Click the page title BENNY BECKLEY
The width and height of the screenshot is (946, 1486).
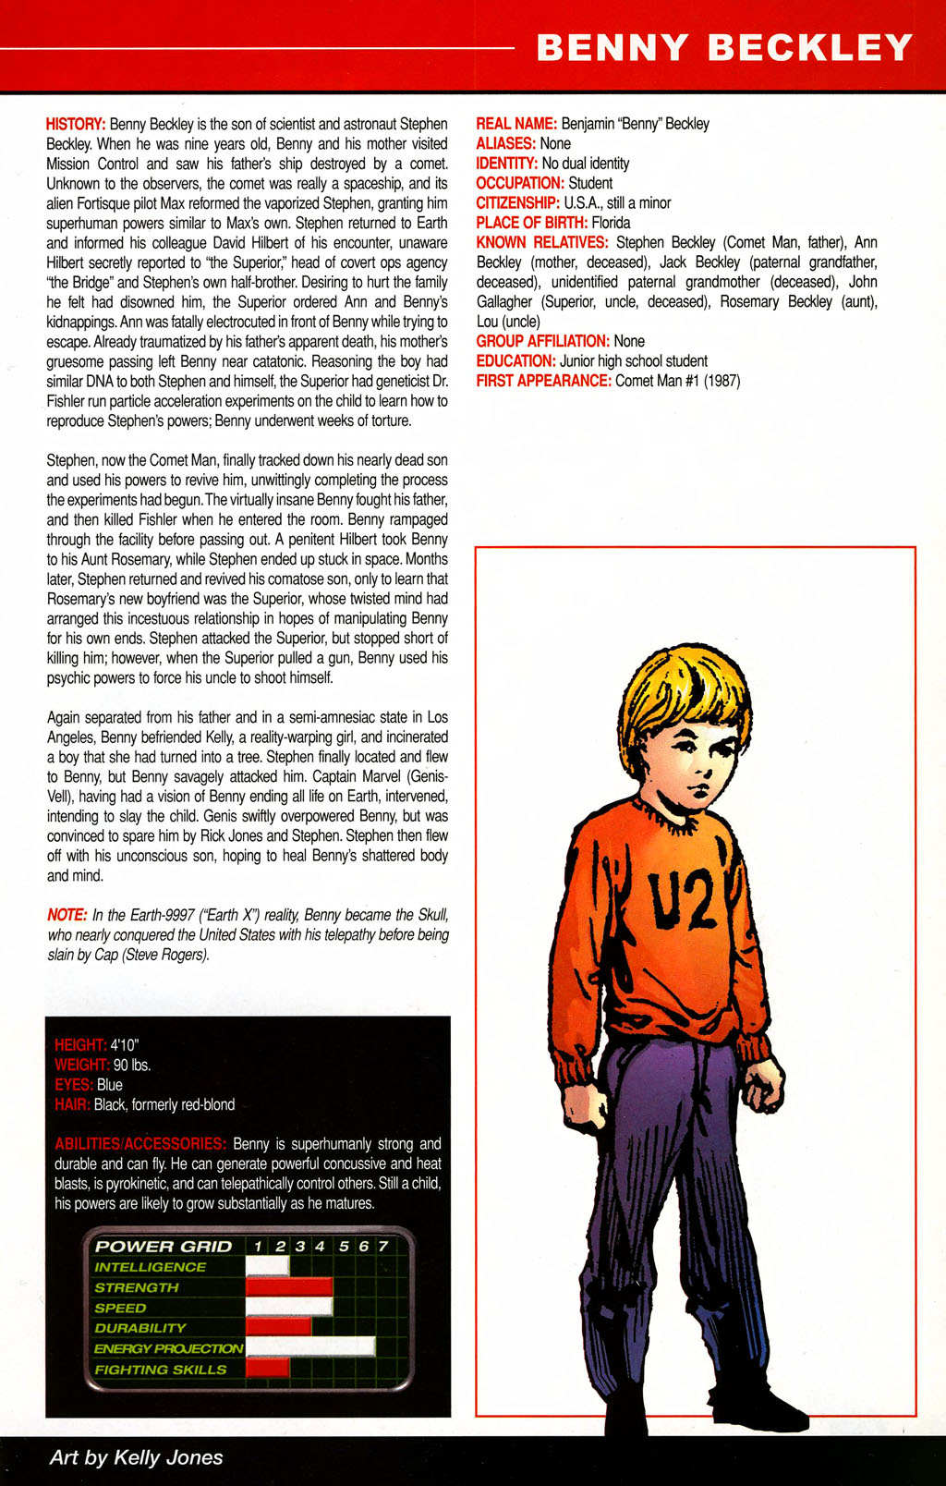tap(723, 47)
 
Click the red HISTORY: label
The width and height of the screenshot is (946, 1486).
tap(76, 124)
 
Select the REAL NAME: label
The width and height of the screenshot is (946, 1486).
tap(515, 124)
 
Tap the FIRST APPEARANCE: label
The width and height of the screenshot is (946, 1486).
tap(543, 381)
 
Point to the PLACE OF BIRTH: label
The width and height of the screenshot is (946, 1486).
tap(531, 223)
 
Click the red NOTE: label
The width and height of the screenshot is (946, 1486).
tap(67, 915)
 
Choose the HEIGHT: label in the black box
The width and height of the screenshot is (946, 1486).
tap(80, 1045)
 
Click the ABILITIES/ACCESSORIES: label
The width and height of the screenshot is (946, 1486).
tap(139, 1144)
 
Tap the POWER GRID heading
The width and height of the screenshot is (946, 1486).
tap(164, 1247)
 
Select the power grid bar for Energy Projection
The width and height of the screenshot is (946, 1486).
tap(310, 1347)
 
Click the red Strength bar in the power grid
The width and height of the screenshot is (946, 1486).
tap(289, 1287)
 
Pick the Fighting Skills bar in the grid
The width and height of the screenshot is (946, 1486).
tap(268, 1368)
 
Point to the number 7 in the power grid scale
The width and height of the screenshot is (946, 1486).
tap(383, 1247)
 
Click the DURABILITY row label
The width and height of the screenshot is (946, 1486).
tap(140, 1328)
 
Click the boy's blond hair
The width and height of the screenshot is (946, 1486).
tap(684, 688)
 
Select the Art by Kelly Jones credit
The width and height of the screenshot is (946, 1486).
tap(136, 1457)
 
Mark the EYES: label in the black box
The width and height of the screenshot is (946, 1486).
tap(74, 1085)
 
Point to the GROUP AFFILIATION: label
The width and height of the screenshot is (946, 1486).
tap(542, 341)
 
